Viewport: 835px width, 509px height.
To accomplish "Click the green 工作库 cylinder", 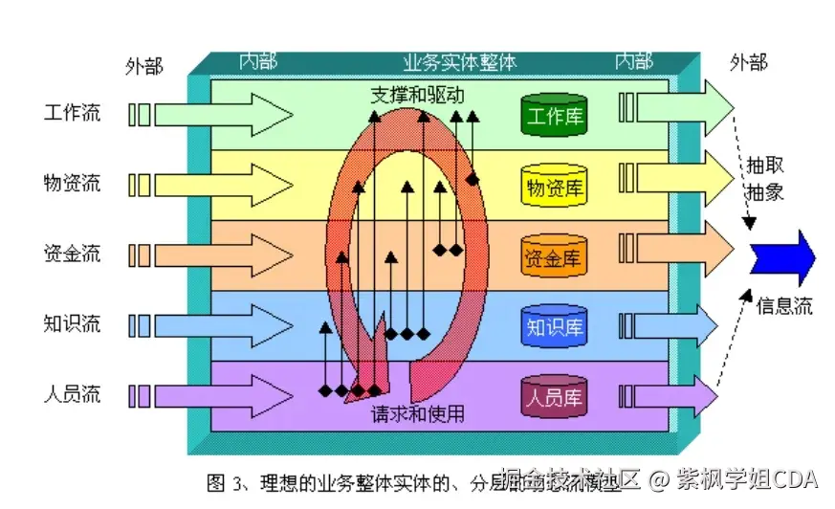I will [554, 116].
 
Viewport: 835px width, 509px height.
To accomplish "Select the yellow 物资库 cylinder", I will [554, 187].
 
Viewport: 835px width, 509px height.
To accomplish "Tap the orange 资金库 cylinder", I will [554, 256].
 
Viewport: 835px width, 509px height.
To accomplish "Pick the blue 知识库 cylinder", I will [554, 326].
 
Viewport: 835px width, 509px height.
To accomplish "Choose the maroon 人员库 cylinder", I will [554, 396].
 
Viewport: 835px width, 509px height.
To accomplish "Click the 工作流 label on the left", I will [72, 112].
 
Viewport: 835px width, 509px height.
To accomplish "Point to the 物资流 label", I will [72, 182].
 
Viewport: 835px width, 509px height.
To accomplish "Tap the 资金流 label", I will [72, 254].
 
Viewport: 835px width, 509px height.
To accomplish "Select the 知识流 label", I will [72, 323].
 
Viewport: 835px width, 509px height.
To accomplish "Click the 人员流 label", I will [72, 393].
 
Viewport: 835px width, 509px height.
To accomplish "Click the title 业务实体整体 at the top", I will [459, 63].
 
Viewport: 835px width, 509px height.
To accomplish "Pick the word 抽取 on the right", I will [765, 165].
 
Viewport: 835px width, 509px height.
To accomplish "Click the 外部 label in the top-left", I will [144, 66].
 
